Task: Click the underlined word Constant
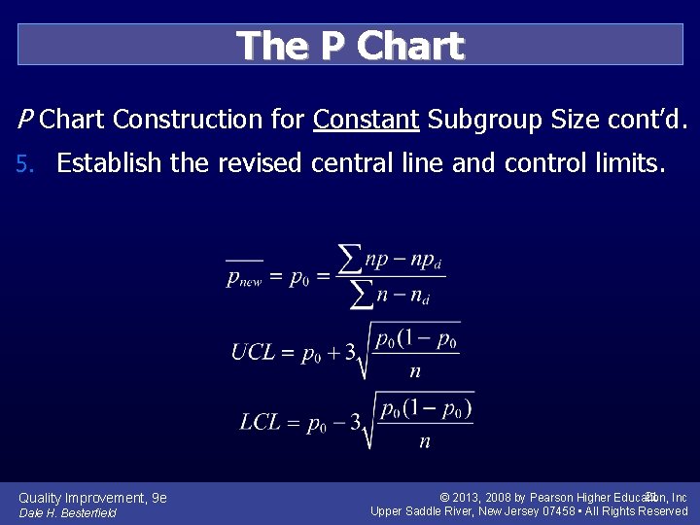click(x=366, y=120)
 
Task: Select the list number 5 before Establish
click(x=25, y=164)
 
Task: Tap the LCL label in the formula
click(x=261, y=422)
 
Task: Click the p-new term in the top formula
click(x=244, y=278)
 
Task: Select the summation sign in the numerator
click(x=349, y=259)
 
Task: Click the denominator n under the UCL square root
click(x=414, y=371)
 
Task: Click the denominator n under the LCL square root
click(x=424, y=441)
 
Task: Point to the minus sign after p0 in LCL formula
click(x=337, y=423)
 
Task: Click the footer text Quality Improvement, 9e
click(x=92, y=498)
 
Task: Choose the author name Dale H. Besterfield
click(x=67, y=512)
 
